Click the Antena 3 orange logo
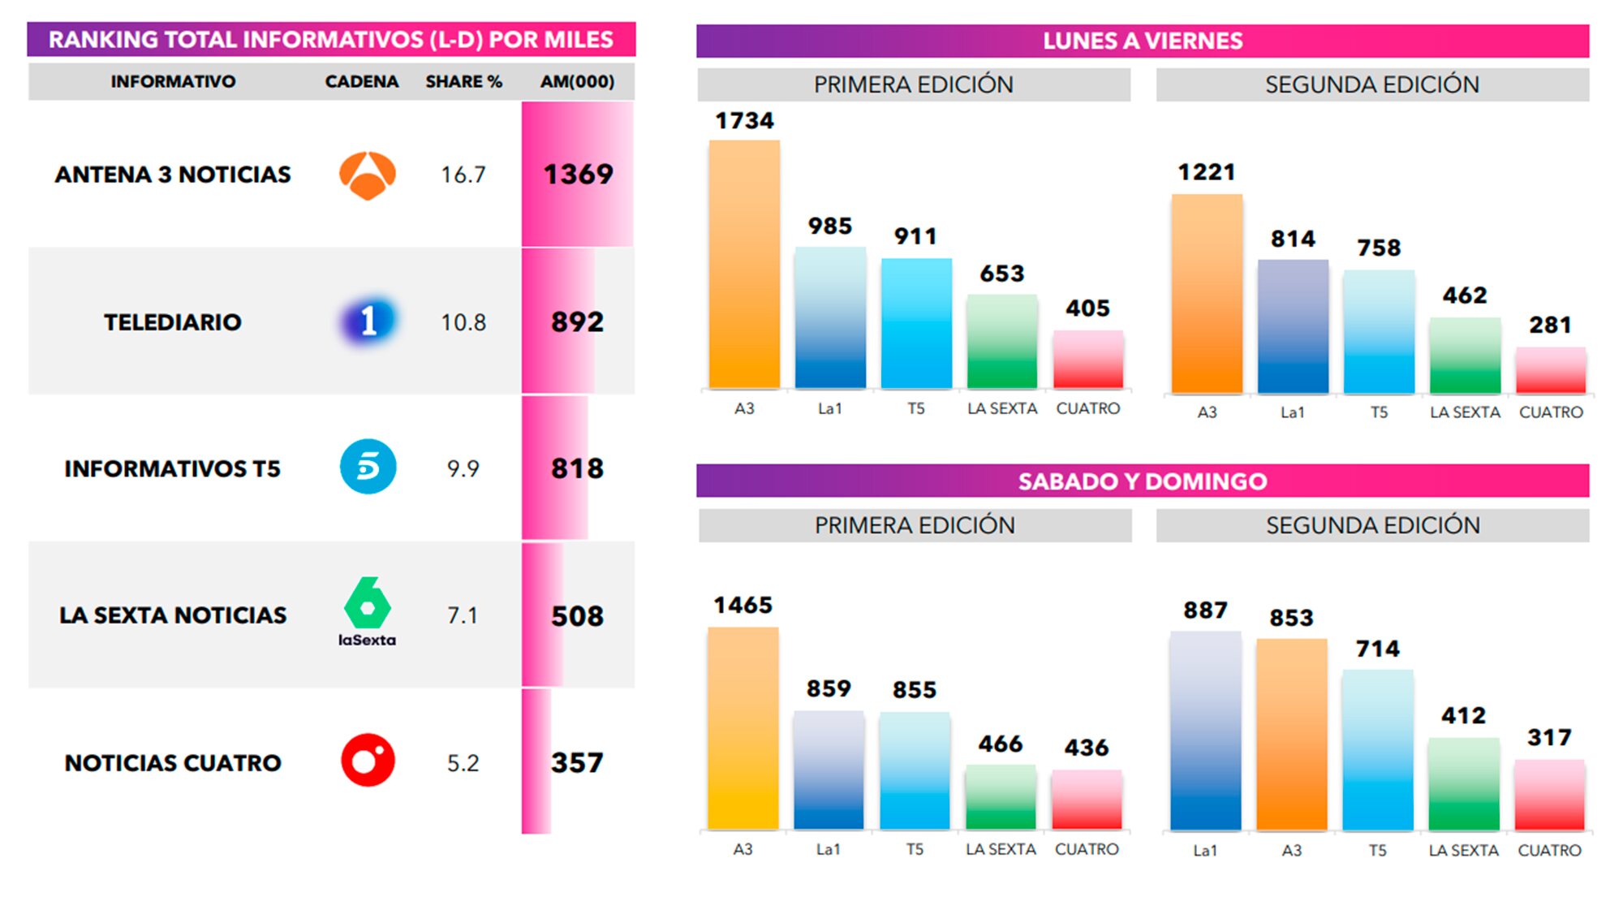[367, 175]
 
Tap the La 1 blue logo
[368, 321]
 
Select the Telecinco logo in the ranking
[368, 467]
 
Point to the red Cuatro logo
[368, 761]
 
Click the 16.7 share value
[463, 175]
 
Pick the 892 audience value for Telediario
[577, 322]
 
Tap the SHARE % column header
[463, 82]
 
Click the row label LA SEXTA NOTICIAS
[173, 615]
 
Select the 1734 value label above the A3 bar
[744, 121]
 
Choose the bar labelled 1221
[1207, 294]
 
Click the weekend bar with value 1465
[743, 728]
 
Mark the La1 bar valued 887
[1205, 731]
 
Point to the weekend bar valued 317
[1549, 795]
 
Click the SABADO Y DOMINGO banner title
[1142, 481]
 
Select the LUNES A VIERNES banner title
[1142, 41]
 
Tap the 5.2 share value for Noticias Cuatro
[463, 763]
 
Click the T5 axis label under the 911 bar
[915, 409]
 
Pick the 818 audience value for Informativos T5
[577, 468]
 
